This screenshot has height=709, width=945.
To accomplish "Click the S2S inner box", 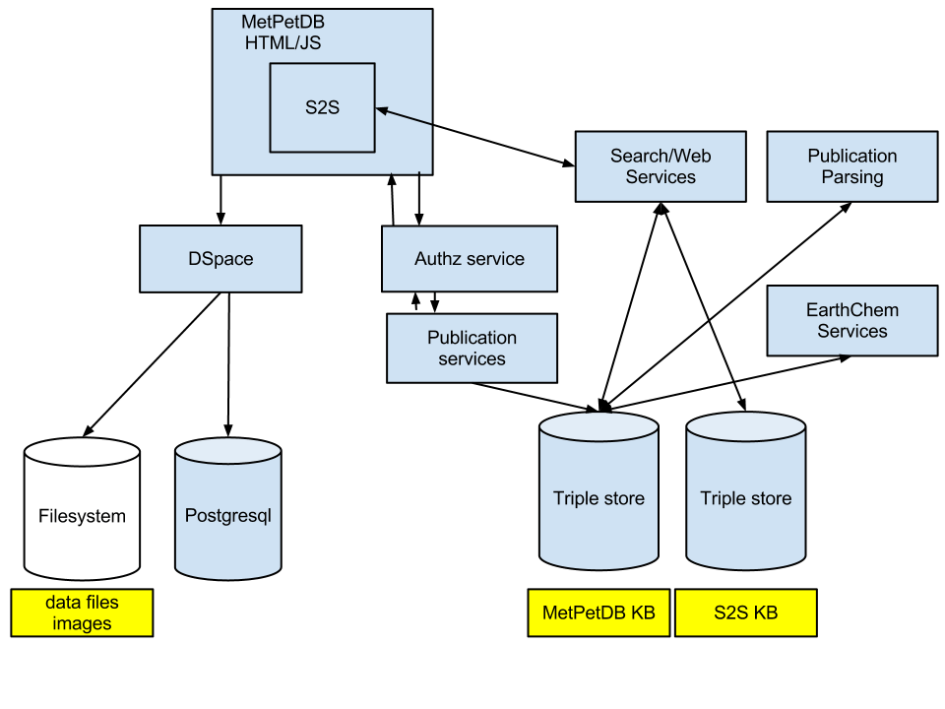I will tap(322, 107).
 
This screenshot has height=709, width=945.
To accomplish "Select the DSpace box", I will tap(220, 259).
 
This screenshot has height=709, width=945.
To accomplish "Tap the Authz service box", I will tap(470, 259).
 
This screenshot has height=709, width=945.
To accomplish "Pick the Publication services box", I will tap(472, 348).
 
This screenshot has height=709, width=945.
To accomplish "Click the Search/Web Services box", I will tap(660, 166).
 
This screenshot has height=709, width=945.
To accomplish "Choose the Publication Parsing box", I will tap(851, 166).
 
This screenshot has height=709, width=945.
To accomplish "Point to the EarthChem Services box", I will tap(851, 321).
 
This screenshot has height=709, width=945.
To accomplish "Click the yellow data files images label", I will tap(82, 612).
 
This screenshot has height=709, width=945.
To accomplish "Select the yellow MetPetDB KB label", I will tap(598, 612).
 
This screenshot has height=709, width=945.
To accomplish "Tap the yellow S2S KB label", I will tap(745, 612).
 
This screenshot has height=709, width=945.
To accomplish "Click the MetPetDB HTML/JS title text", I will tap(282, 32).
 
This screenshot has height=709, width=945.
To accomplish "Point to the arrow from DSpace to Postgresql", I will tap(228, 364).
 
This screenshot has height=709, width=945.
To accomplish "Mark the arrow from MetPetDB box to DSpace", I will tap(220, 200).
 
